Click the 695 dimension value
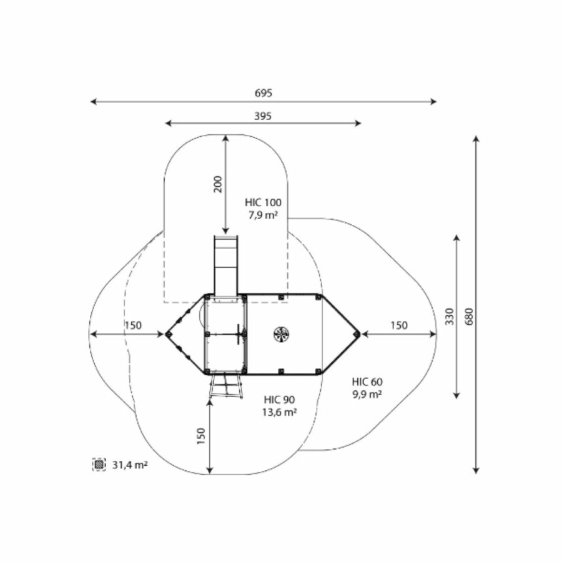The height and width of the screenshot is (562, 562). click(264, 93)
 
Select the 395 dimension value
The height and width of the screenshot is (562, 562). click(263, 116)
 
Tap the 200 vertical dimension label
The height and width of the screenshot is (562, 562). click(218, 184)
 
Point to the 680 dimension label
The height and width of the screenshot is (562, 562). click(469, 316)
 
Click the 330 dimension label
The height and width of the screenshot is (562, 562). click(450, 316)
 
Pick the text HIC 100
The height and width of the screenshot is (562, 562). click(263, 202)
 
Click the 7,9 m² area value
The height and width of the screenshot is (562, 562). click(264, 215)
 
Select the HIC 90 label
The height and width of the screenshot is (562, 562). click(279, 399)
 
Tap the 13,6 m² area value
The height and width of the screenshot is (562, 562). click(279, 412)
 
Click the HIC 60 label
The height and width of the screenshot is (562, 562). click(367, 382)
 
